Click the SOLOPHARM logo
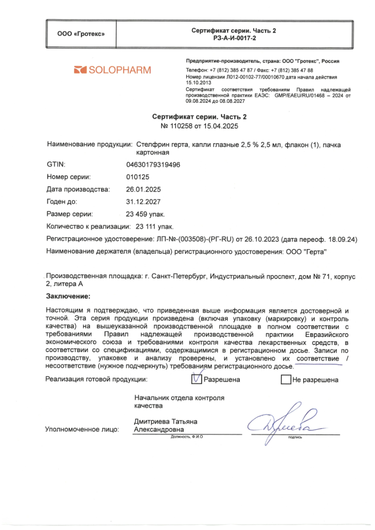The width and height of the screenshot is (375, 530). click(112, 70)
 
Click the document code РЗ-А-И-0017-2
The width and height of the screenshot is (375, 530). click(233, 38)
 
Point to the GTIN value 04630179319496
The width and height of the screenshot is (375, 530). click(153, 164)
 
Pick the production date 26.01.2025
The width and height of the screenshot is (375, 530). click(144, 189)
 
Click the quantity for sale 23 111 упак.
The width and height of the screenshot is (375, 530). click(154, 226)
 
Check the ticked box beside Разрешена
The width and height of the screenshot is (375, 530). click(196, 379)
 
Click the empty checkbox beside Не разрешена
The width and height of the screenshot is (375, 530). click(285, 379)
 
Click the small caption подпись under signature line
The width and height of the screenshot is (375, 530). click(295, 437)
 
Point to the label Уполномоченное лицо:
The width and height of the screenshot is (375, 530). click(82, 429)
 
